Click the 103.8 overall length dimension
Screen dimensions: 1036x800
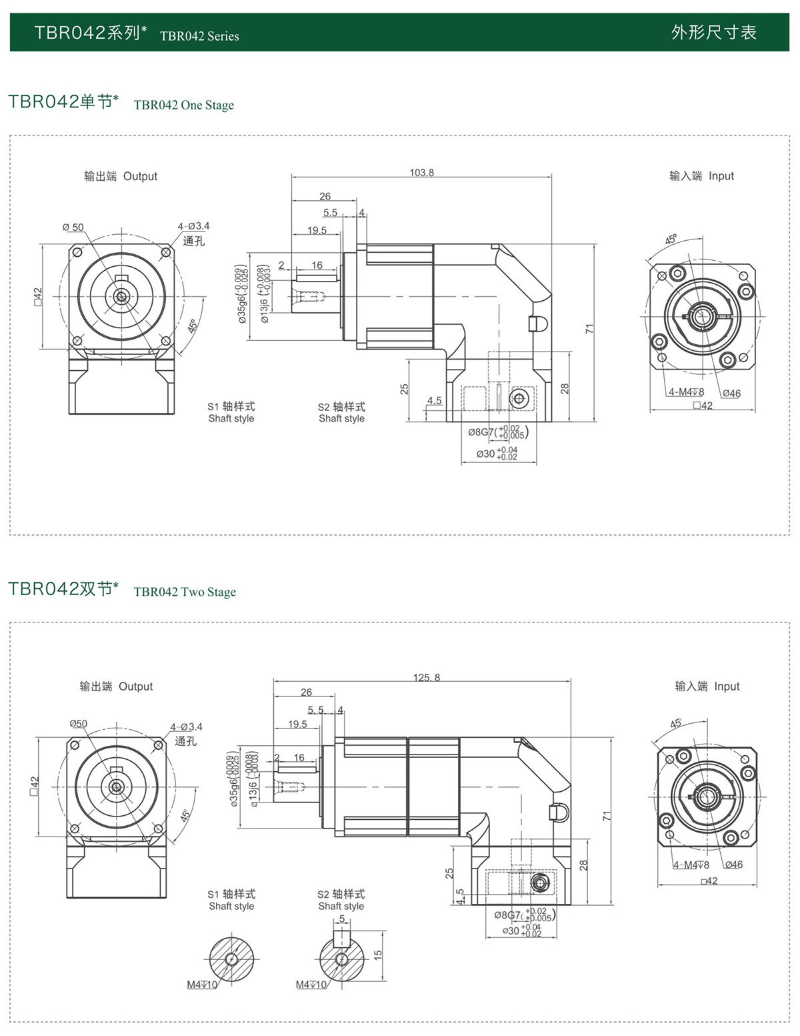(421, 173)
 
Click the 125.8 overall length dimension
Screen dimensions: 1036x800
(427, 678)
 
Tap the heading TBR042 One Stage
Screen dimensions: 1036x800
(183, 105)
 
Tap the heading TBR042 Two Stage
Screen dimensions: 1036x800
(185, 592)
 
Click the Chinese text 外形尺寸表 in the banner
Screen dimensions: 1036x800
(713, 33)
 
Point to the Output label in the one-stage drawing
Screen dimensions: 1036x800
(140, 176)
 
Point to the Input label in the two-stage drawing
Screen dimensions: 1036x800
(727, 686)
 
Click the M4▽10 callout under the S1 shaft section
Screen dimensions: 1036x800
(202, 985)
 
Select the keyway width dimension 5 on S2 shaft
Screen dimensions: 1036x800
(342, 919)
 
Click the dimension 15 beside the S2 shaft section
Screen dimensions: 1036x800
(378, 955)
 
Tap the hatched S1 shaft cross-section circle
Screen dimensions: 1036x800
(231, 959)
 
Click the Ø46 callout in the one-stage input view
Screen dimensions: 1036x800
(731, 394)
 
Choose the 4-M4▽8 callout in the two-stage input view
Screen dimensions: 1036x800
(691, 865)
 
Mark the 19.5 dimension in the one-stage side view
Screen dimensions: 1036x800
(317, 231)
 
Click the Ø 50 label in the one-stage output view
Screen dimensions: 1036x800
(73, 227)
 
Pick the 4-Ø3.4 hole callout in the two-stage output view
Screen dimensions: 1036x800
(186, 727)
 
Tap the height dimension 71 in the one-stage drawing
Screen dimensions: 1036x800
(589, 329)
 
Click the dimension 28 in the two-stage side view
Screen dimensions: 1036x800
(583, 865)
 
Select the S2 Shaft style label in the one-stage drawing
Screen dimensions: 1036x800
(341, 412)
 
